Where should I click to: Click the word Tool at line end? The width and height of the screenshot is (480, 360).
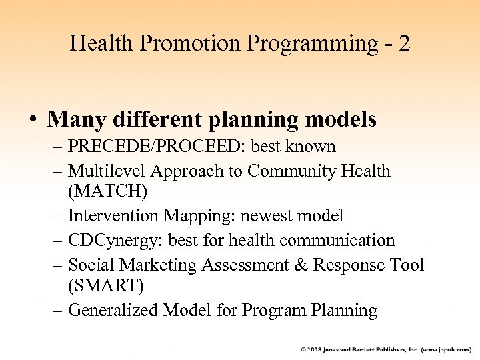click(x=408, y=265)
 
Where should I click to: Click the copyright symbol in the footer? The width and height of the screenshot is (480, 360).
click(x=303, y=349)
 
